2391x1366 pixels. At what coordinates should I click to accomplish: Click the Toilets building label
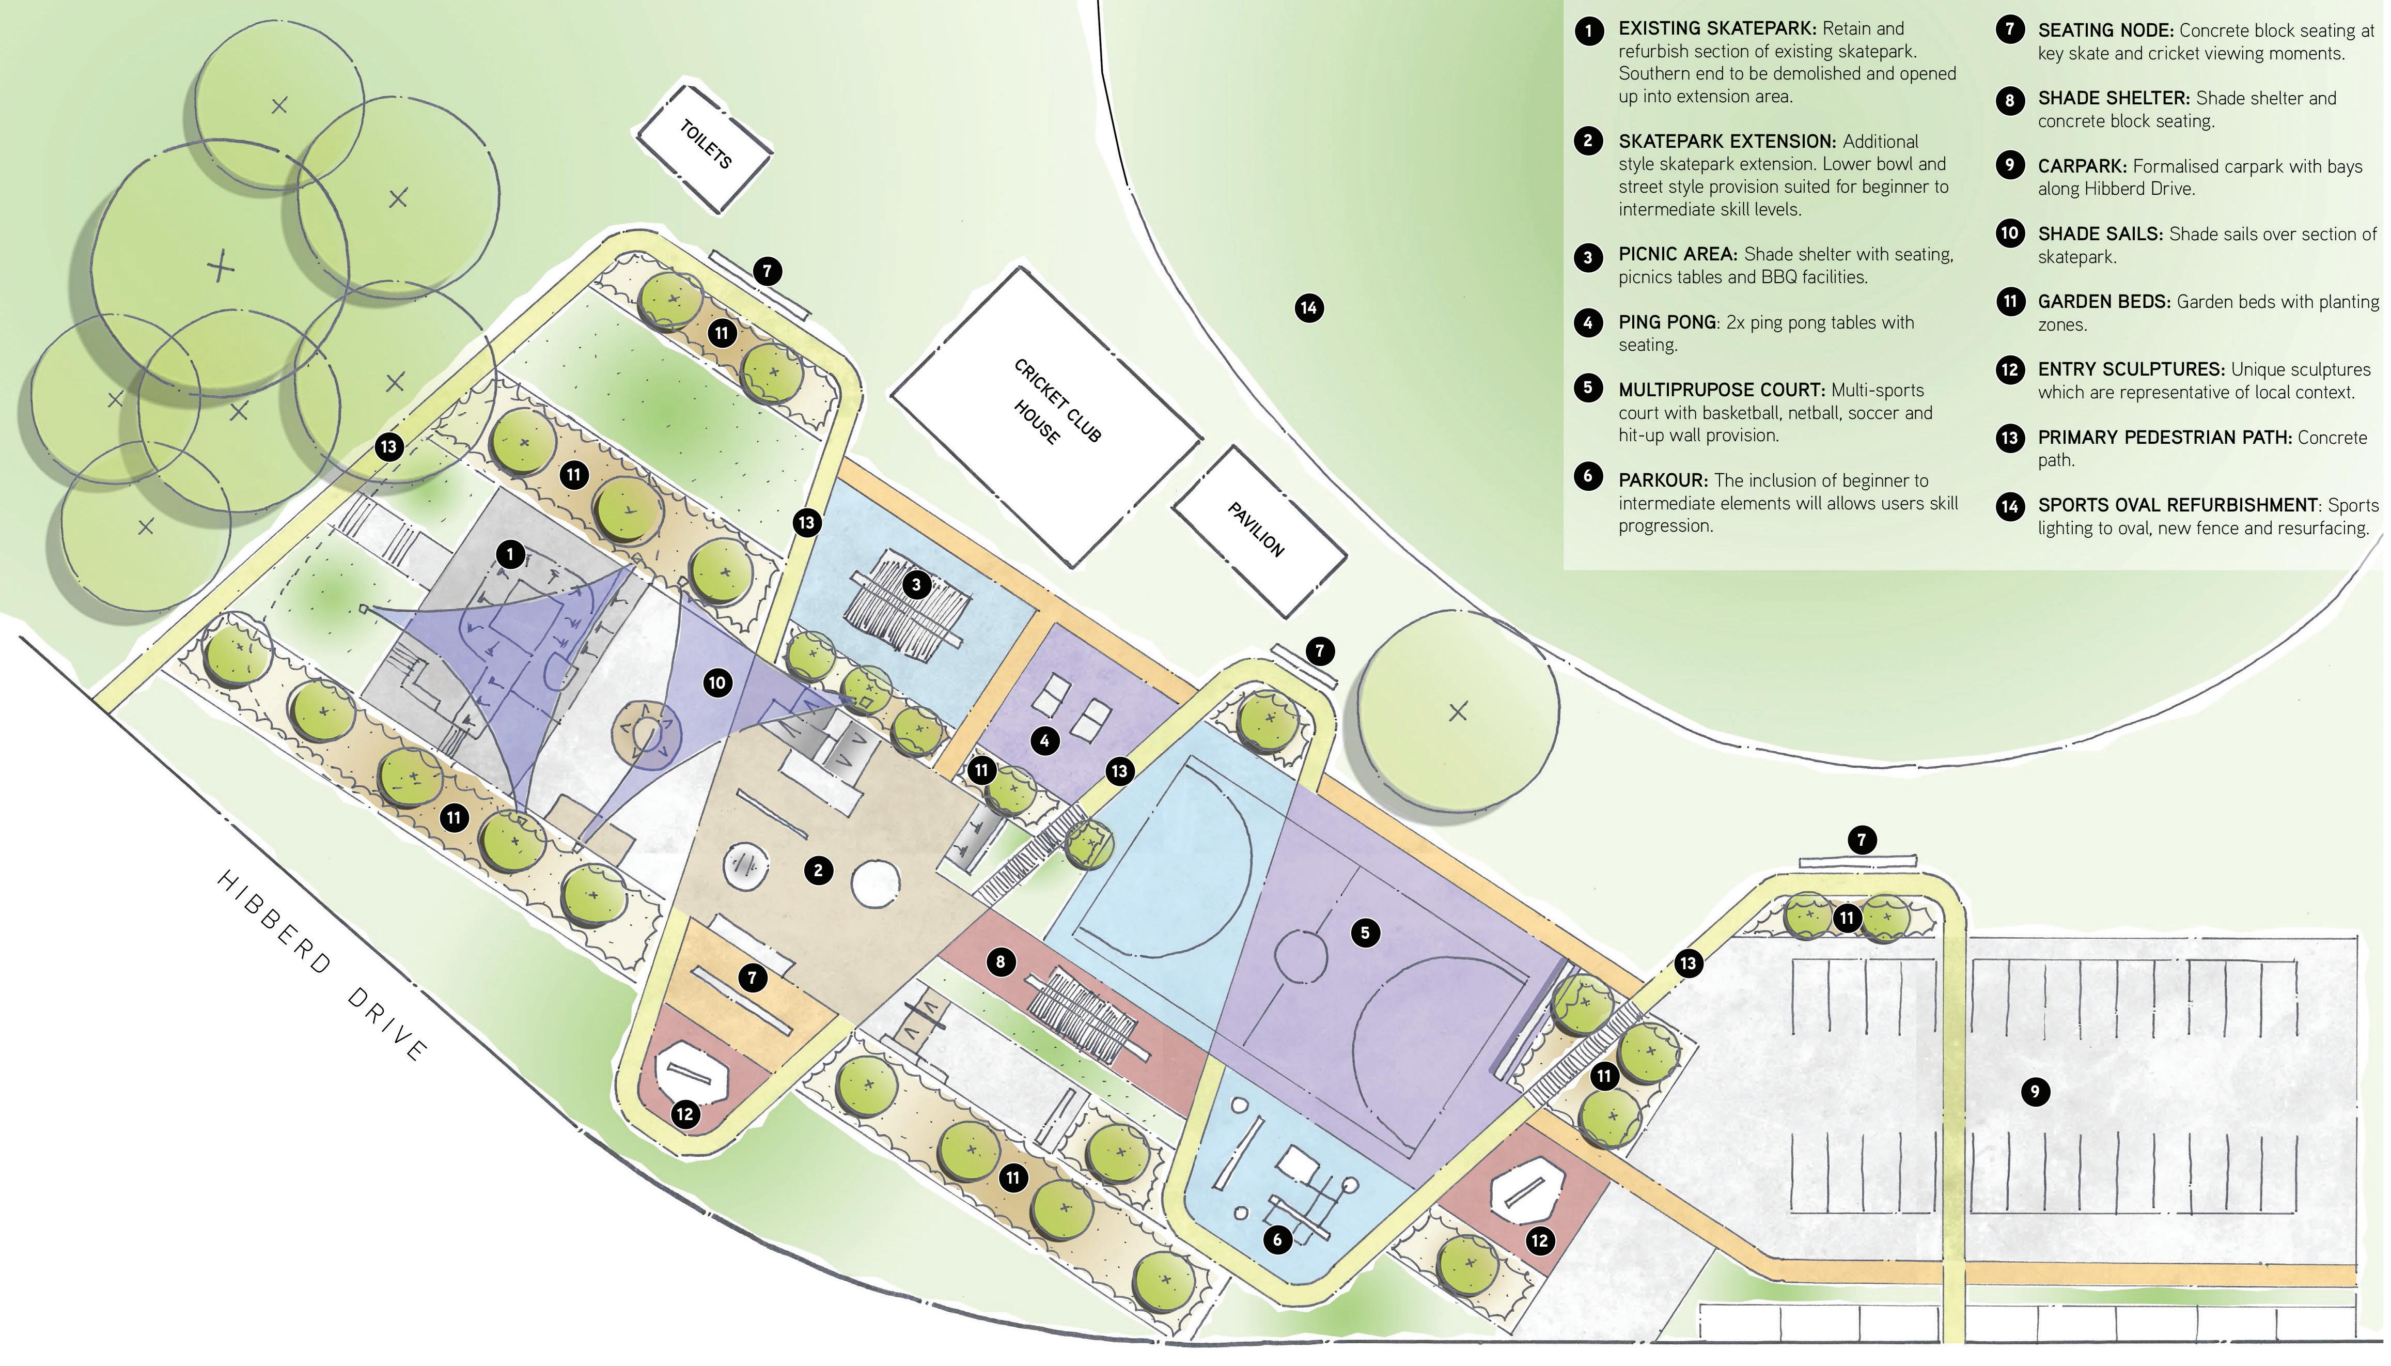tap(705, 145)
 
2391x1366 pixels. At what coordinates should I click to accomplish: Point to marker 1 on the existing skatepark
tap(510, 554)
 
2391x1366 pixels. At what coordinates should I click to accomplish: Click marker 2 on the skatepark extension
tap(818, 871)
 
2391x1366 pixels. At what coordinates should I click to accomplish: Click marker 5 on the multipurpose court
tap(1365, 933)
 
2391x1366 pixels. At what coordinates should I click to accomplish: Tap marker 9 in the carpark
tap(2035, 1091)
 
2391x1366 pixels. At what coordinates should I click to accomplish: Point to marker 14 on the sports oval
tap(1308, 308)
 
